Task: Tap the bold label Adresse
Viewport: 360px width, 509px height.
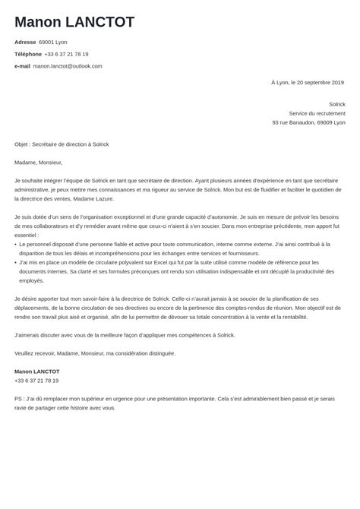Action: (x=25, y=43)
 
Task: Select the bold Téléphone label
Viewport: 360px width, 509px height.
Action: (x=27, y=54)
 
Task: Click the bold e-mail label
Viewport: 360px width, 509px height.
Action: (x=22, y=66)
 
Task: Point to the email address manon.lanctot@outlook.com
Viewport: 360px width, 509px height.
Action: (x=68, y=66)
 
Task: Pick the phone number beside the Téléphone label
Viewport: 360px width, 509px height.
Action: (x=67, y=54)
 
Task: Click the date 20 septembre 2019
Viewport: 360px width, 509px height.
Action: (x=317, y=82)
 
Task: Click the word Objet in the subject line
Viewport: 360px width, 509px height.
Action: (x=21, y=144)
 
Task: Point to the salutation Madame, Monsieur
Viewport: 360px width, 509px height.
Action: (x=38, y=162)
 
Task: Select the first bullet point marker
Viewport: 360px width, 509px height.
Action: (x=16, y=245)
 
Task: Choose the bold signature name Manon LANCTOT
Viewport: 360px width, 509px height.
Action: (x=36, y=371)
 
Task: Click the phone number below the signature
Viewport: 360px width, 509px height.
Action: (x=36, y=381)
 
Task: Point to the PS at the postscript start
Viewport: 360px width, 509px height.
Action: (x=18, y=399)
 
